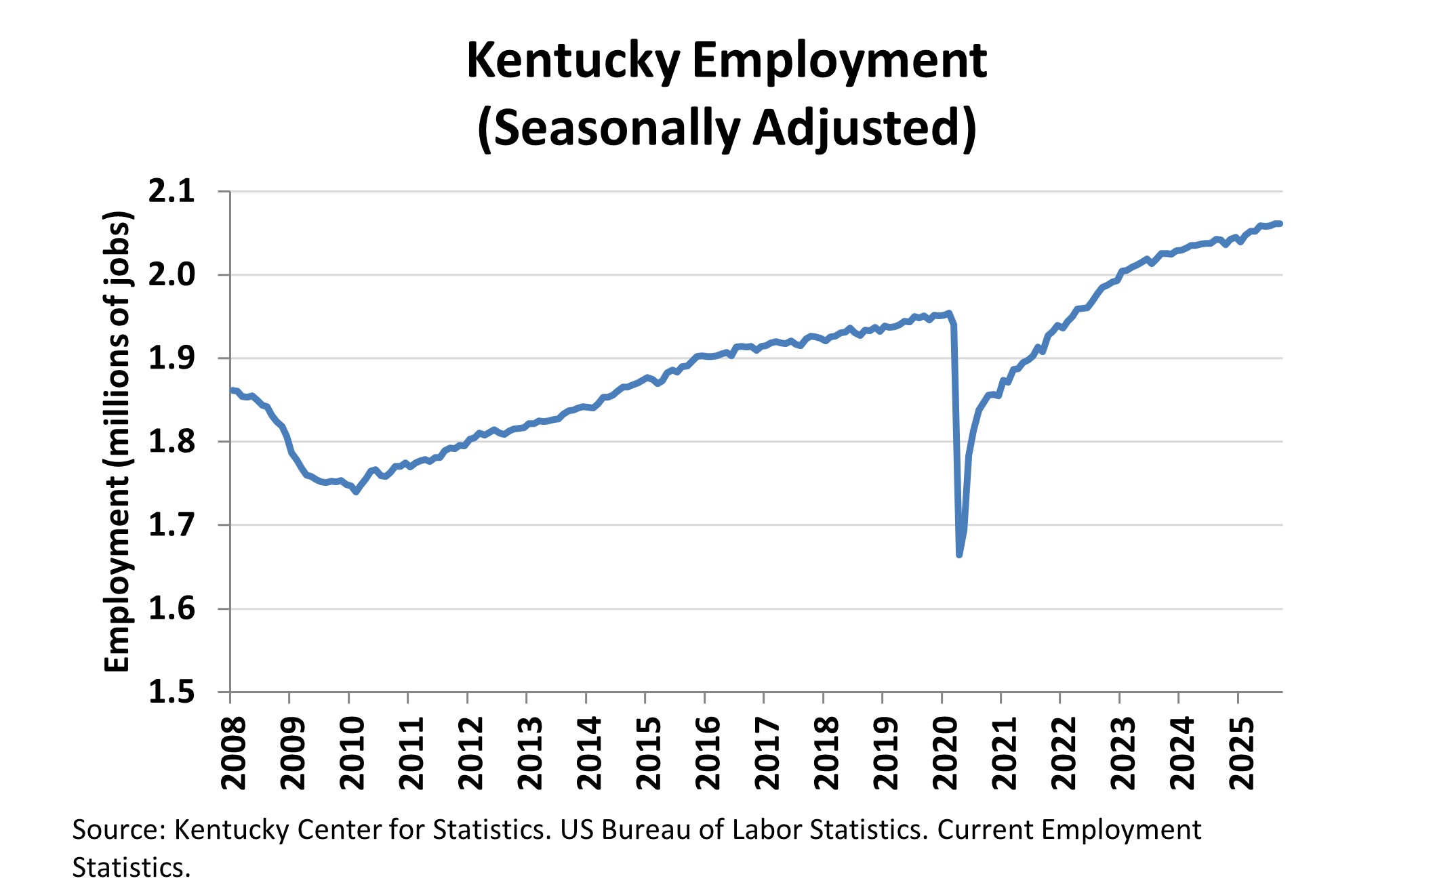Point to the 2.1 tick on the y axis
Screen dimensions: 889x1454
coord(171,192)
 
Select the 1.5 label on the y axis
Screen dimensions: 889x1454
coord(171,692)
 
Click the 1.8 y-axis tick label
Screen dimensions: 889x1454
coord(171,442)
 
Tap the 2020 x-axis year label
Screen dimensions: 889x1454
coord(945,753)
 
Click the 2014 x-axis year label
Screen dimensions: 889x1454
coord(589,753)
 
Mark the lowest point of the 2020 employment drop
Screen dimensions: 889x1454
coord(959,555)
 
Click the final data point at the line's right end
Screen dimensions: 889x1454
coord(1279,224)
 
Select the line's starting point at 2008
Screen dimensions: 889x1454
coord(231,390)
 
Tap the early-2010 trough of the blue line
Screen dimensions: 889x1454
coord(356,492)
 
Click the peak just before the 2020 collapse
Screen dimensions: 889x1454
coord(949,313)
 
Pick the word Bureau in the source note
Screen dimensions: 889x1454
coord(646,830)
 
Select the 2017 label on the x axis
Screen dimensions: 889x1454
coord(767,753)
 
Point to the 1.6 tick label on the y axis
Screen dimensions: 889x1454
coord(171,609)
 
